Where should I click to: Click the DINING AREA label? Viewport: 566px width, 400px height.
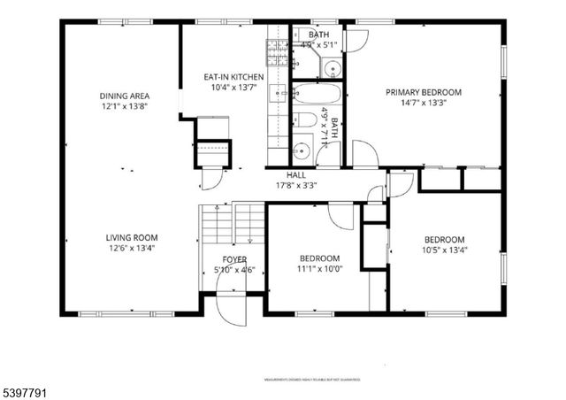point(124,96)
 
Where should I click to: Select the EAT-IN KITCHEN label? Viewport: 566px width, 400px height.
point(233,77)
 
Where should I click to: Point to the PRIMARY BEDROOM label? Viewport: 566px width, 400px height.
point(422,92)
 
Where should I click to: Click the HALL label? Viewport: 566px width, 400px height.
point(295,175)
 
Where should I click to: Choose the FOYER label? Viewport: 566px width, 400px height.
point(234,259)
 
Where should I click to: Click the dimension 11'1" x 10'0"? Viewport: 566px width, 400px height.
point(319,269)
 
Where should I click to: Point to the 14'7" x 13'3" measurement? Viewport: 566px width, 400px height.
point(422,103)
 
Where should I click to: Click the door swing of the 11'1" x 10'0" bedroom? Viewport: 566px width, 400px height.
point(341,216)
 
